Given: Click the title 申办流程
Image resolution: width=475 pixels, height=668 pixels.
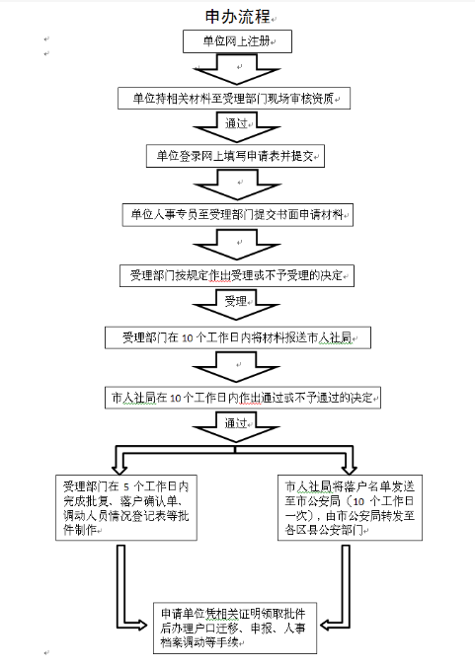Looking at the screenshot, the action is [238, 17].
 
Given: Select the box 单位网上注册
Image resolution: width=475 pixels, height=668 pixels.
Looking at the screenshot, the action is [237, 41].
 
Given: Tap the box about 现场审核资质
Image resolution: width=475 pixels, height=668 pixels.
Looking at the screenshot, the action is [234, 99].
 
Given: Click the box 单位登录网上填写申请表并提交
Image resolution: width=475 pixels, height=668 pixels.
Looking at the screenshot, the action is [235, 156].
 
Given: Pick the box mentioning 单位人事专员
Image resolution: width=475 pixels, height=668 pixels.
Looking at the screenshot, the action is [237, 215].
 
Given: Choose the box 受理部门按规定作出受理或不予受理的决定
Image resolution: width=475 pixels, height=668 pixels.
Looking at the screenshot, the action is [237, 275].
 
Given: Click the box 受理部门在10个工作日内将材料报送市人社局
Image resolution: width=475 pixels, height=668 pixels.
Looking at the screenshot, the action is [238, 337].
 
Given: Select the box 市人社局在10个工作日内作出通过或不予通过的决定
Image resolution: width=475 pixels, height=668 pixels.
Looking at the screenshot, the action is [243, 398].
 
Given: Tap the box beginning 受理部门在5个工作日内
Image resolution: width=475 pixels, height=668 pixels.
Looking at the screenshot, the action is [126, 508].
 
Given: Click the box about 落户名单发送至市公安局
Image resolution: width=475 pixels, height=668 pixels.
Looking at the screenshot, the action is [350, 508].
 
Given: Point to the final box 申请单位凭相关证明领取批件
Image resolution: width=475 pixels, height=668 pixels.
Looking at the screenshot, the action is [235, 628].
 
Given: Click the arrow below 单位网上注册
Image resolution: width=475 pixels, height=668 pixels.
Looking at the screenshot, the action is [237, 70].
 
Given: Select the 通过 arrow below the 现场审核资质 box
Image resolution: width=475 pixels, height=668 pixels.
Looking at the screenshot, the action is [237, 127].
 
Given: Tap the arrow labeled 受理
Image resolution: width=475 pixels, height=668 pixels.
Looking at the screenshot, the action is [236, 305].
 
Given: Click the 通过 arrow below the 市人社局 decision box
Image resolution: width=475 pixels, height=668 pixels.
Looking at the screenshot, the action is [236, 427].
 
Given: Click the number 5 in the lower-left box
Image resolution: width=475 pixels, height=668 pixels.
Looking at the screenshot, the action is [126, 487].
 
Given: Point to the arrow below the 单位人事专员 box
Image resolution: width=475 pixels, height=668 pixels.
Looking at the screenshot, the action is [237, 245].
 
